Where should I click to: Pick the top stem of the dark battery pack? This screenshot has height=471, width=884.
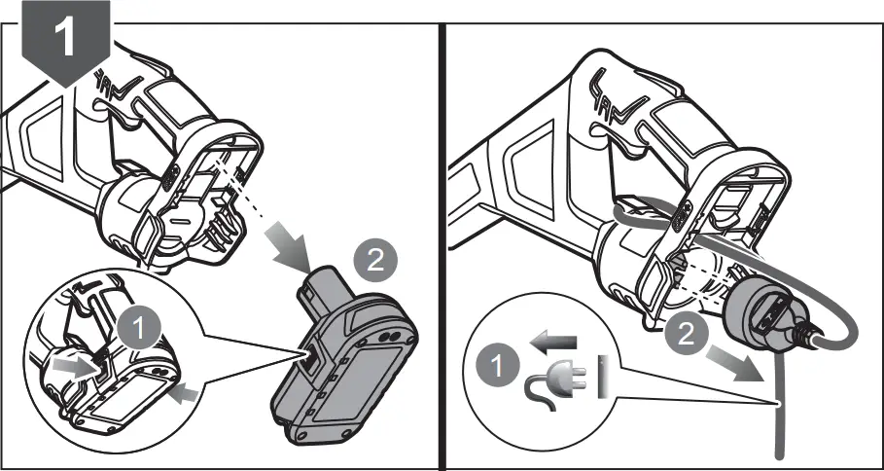324,287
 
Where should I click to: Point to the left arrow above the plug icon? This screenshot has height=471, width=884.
553,342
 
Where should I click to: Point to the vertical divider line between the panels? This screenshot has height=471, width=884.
442,243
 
